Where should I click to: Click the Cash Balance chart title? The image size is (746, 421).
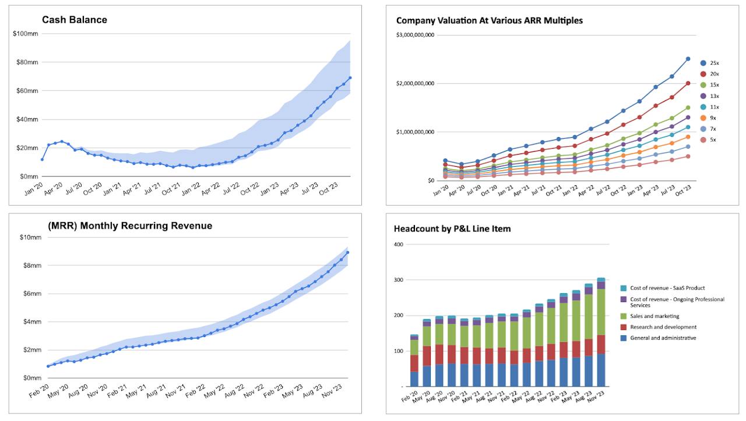point(74,20)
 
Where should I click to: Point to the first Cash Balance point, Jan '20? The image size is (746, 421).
point(42,159)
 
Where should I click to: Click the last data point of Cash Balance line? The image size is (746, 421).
point(350,78)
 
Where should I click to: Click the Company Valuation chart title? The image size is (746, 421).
point(489,20)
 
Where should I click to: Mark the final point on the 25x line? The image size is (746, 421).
point(688,59)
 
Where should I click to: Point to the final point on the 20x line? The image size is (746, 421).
point(688,83)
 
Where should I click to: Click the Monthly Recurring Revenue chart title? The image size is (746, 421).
point(126,226)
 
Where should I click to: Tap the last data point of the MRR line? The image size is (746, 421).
point(348,252)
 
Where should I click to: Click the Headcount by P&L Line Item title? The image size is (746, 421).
point(452,229)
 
